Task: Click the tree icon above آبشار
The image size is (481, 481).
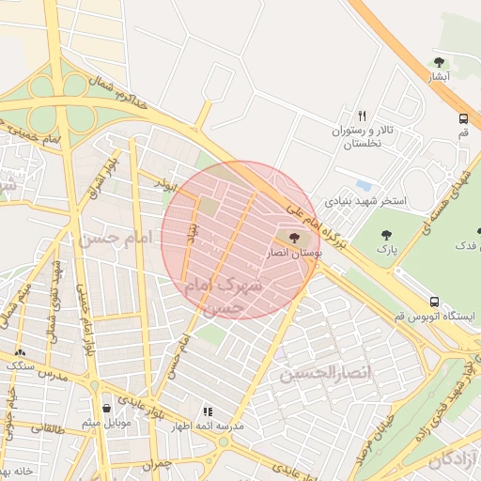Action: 439,62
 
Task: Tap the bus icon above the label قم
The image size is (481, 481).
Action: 463,119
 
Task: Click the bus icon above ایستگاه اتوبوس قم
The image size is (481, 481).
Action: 433,302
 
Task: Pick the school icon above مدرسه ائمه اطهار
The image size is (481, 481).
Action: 208,411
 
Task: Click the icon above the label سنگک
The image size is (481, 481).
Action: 19,352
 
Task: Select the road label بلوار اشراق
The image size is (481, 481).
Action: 101,178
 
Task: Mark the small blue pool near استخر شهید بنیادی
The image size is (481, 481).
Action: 363,186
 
